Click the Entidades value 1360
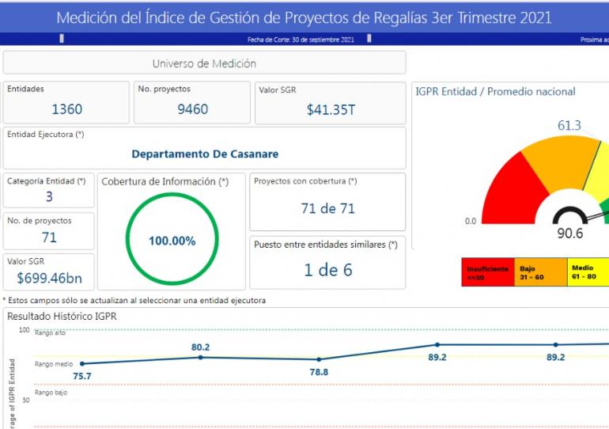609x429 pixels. point(66,109)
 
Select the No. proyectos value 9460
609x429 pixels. point(193,109)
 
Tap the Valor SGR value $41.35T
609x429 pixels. point(331,110)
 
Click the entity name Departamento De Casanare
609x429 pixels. point(205,154)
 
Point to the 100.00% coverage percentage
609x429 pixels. point(172,241)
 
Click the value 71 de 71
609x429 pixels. point(327,209)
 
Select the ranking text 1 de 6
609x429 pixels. point(327,270)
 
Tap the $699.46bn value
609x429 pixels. point(49,279)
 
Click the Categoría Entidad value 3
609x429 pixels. point(49,197)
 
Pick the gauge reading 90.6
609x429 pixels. point(569,233)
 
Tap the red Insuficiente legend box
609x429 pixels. point(487,273)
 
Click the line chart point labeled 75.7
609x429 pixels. point(81,364)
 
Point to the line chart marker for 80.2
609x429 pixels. point(200,357)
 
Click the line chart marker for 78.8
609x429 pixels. point(319,359)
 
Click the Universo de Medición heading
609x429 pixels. point(204,63)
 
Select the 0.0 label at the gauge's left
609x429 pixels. point(471,221)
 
